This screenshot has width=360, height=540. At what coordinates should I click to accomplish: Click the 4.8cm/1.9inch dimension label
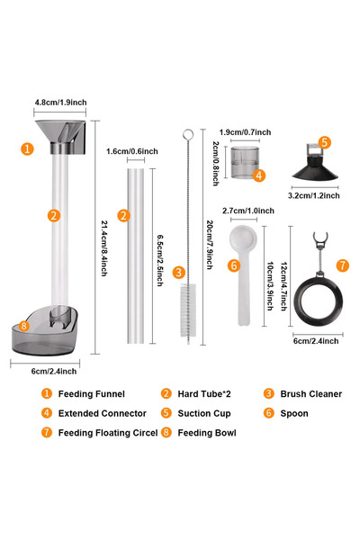click(60, 103)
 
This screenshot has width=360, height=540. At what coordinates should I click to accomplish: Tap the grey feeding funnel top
click(60, 137)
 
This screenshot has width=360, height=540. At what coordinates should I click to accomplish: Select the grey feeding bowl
click(45, 331)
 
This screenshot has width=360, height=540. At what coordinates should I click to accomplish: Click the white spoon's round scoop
click(243, 238)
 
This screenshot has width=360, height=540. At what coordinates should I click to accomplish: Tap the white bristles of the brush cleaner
click(188, 310)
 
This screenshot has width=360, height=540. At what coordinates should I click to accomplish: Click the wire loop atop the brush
click(188, 135)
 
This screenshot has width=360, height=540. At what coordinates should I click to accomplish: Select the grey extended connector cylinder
click(245, 163)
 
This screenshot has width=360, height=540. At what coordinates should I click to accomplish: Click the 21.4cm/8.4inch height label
click(104, 248)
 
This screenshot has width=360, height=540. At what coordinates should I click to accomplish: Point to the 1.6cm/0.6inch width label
click(132, 151)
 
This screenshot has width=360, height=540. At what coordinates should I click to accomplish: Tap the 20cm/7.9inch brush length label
click(210, 245)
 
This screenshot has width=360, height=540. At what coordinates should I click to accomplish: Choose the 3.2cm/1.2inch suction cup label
click(314, 195)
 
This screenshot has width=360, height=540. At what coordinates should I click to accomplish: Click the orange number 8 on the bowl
click(23, 326)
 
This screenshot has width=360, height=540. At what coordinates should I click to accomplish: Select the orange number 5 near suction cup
click(324, 142)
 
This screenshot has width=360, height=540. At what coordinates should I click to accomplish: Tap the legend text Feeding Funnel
click(91, 393)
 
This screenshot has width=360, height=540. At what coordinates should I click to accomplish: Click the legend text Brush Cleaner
click(311, 393)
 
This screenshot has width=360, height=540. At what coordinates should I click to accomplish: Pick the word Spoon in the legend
click(294, 413)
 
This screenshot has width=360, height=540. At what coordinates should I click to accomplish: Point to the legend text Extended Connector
click(103, 413)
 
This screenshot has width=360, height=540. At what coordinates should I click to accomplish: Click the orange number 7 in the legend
click(47, 432)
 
